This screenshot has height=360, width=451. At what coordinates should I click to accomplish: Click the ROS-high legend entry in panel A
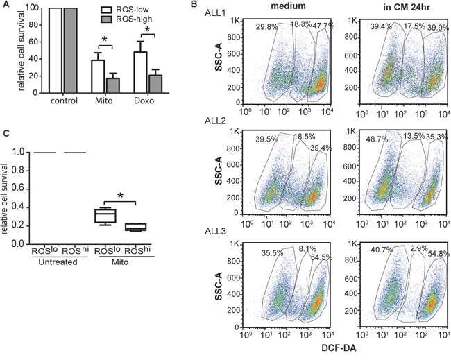click(x=140, y=22)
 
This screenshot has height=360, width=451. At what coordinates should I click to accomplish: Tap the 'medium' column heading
click(x=291, y=12)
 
